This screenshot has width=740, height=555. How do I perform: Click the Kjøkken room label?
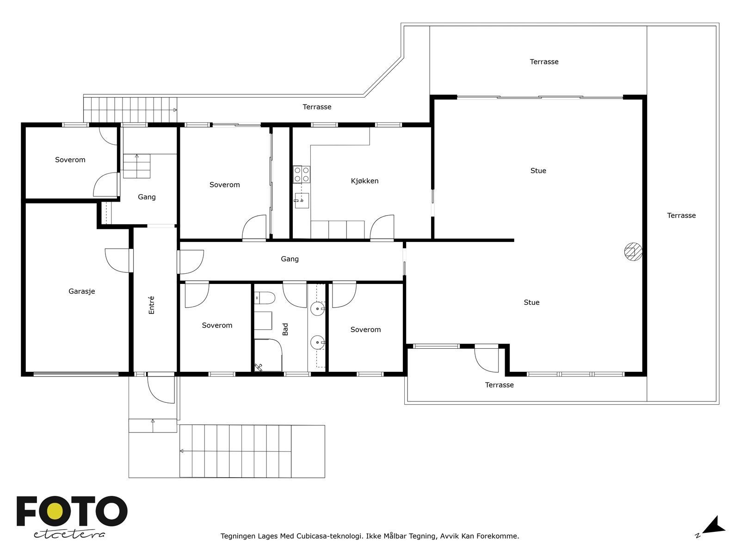coord(364,181)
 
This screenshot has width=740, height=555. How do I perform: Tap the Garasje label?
coord(81,291)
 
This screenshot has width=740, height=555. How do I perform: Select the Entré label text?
coord(152,305)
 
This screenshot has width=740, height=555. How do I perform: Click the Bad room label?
coord(285,329)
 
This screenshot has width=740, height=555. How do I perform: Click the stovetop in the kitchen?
coord(302,174)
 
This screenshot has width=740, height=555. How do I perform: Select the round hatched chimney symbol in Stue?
coord(632,252)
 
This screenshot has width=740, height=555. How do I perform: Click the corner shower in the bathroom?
coord(268,355)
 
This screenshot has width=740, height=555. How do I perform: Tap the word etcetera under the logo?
coord(69,535)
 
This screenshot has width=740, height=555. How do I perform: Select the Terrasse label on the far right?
coord(681,216)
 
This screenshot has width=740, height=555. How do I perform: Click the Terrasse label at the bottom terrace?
coord(499,385)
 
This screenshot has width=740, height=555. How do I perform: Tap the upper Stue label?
coord(538,171)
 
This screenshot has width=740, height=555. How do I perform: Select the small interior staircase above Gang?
coord(137,166)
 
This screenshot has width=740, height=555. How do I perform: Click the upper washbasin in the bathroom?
coord(317,308)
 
